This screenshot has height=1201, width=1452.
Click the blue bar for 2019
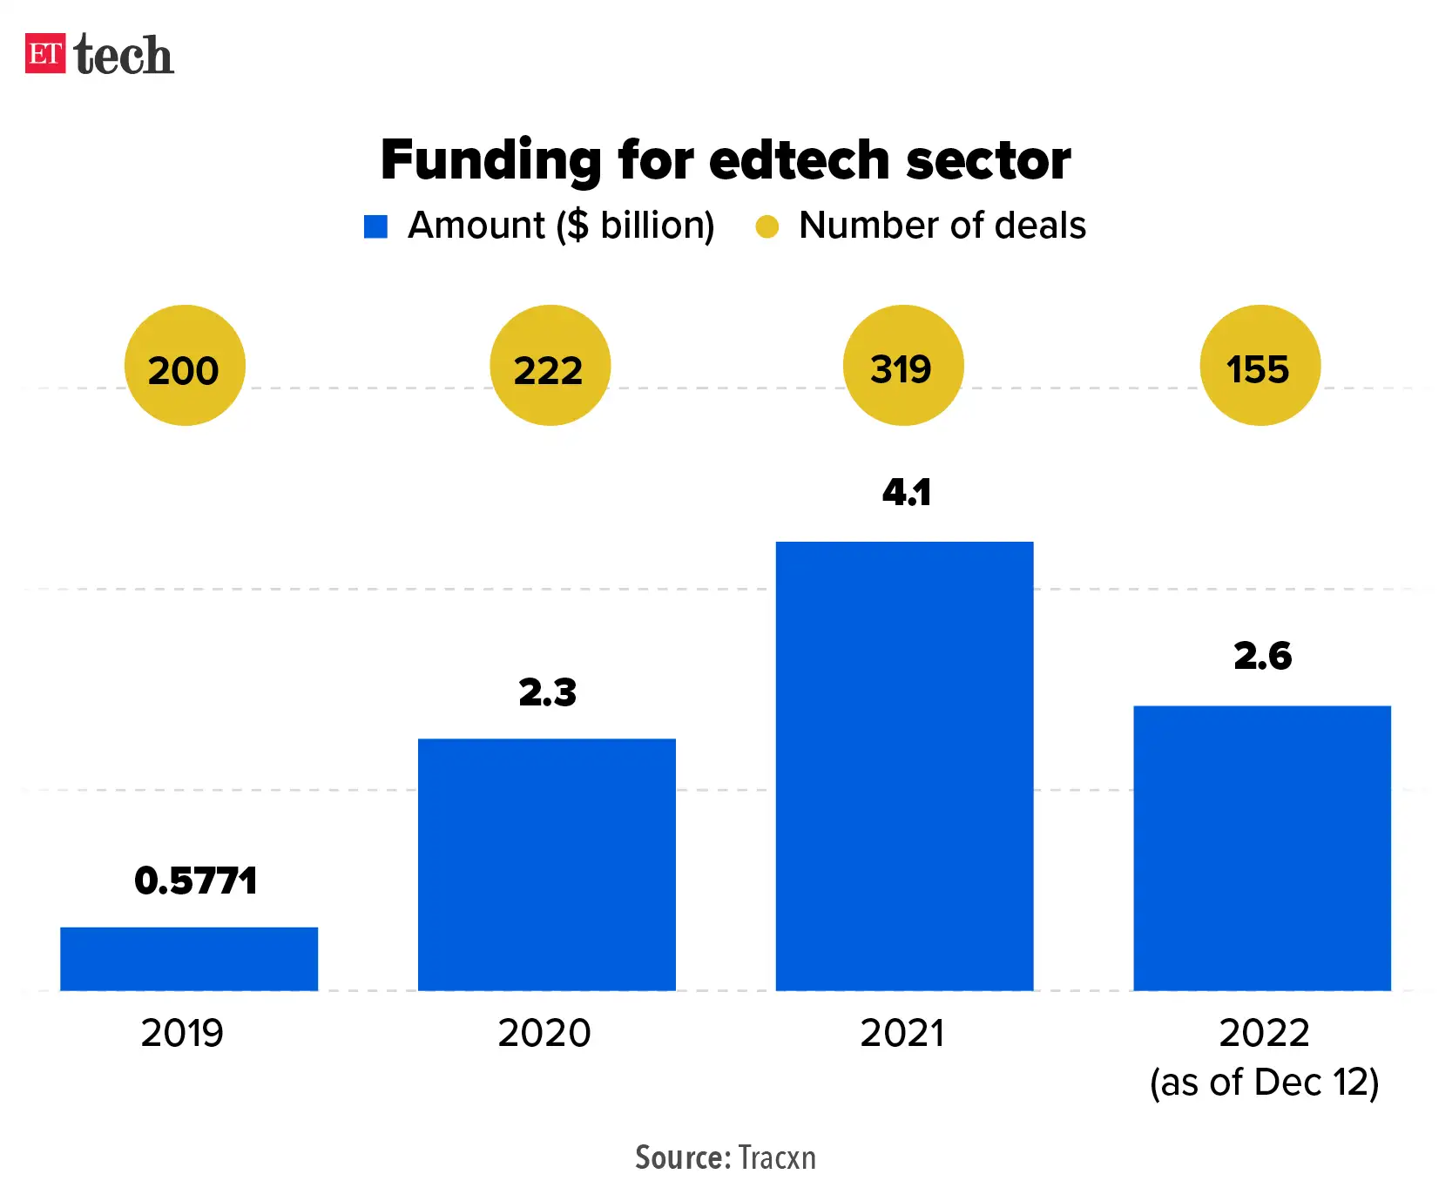[x=189, y=958]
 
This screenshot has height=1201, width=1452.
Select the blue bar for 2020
[x=547, y=864]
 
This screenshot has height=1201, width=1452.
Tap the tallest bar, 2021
[x=904, y=766]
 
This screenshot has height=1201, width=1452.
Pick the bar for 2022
[x=1262, y=847]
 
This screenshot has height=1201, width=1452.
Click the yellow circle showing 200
[x=185, y=366]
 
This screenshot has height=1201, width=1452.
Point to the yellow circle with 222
[x=550, y=366]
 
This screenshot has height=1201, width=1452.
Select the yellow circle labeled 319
[x=903, y=366]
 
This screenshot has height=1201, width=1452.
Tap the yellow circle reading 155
[x=1260, y=366]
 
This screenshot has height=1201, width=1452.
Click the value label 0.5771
[x=196, y=881]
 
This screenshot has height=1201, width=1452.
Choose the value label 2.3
[x=547, y=692]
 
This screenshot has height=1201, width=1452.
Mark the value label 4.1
[x=906, y=493]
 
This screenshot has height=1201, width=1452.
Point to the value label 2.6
[x=1262, y=656]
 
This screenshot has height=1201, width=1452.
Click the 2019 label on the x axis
[x=182, y=1033]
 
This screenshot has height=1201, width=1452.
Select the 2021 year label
[x=902, y=1033]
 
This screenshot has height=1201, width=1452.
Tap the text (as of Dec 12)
[x=1264, y=1083]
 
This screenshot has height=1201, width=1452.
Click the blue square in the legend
[x=375, y=226]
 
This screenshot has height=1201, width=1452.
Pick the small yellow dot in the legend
[x=767, y=226]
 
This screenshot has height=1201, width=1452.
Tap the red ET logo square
[x=45, y=54]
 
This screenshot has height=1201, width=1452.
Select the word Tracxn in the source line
[x=777, y=1157]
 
